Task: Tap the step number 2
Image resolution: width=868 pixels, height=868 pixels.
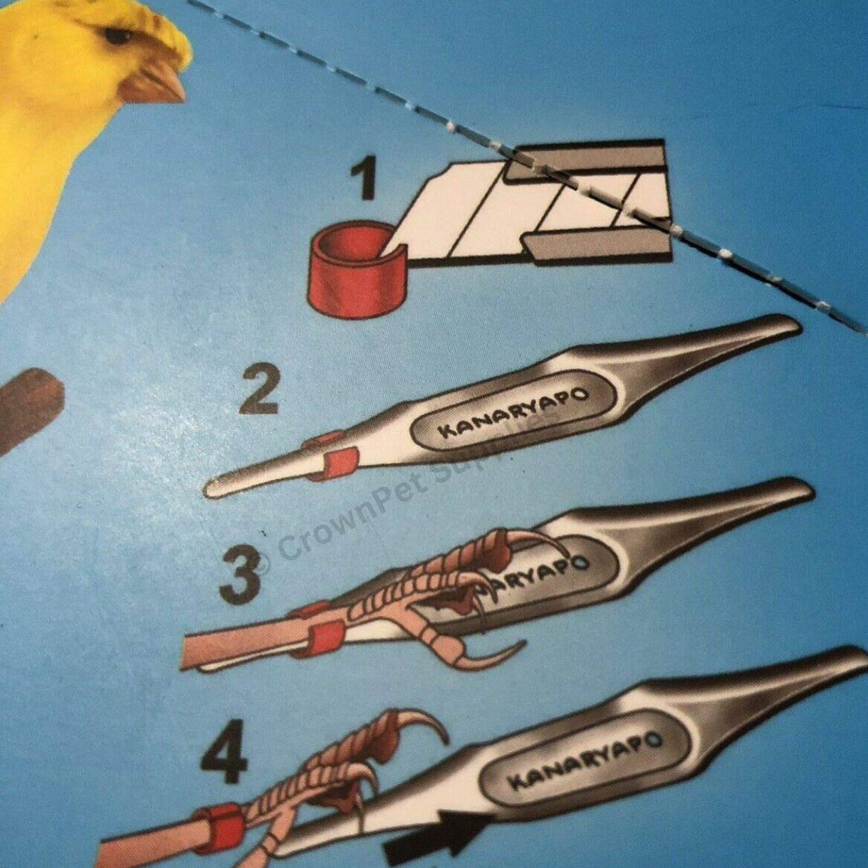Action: (258, 391)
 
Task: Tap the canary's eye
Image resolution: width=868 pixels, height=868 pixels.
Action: (117, 35)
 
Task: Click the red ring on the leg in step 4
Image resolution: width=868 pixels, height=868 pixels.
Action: (216, 829)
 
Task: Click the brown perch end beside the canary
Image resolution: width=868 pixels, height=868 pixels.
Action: (32, 406)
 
